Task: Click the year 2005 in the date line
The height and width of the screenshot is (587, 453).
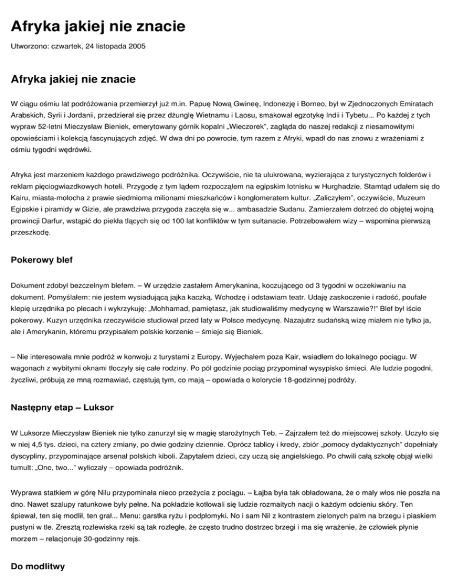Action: click(136, 46)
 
